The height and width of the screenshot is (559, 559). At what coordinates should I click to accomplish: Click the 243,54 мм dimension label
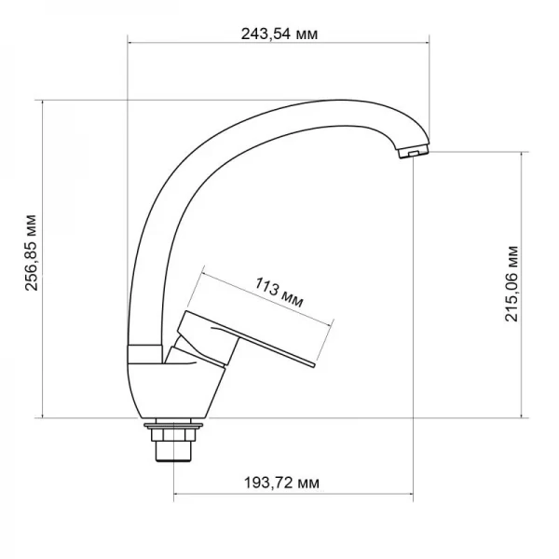pyautogui.click(x=279, y=34)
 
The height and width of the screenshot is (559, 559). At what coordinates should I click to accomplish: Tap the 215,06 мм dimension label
pyautogui.click(x=511, y=284)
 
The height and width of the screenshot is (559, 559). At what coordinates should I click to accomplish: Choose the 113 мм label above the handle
pyautogui.click(x=277, y=292)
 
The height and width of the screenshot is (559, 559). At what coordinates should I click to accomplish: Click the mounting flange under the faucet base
pyautogui.click(x=173, y=428)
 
